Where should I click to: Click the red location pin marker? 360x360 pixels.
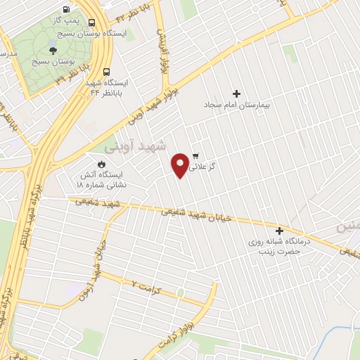[181, 165]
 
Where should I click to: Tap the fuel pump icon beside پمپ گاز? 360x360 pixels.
[66, 10]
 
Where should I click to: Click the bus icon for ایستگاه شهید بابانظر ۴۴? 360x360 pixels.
[107, 72]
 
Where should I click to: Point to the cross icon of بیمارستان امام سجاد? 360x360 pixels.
[236, 94]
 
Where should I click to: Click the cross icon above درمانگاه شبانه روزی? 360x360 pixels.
[279, 231]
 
